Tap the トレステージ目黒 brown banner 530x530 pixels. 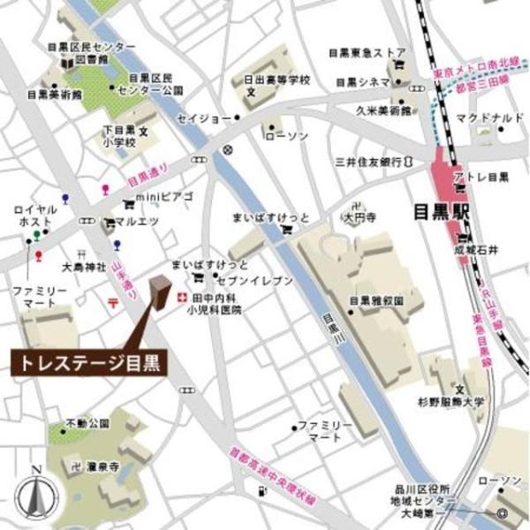pos(88,364)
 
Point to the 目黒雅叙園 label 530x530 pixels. pos(375,300)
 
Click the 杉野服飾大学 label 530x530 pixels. pos(451,402)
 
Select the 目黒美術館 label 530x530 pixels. pos(54,94)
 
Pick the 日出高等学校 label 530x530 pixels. pos(271,79)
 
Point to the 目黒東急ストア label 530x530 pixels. pos(367,52)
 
